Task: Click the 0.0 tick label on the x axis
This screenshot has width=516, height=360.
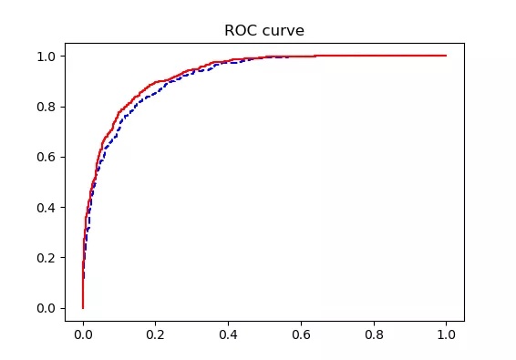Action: coord(83,334)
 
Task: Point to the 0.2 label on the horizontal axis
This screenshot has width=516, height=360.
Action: coord(156,334)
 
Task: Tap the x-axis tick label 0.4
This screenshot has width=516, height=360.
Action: coord(228,334)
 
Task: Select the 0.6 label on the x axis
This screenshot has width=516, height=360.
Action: coord(301,334)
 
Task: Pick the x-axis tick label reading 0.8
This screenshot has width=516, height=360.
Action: coord(374,334)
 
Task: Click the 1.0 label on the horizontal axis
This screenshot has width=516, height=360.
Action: coord(446,334)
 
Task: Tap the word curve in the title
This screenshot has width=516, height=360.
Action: coord(284,31)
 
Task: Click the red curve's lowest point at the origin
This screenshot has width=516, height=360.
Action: coord(83,308)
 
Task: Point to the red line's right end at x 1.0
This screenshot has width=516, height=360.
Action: coord(446,56)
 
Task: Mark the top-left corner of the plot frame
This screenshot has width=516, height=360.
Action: coord(65,43)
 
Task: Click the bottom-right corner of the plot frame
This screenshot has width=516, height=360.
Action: coord(464,321)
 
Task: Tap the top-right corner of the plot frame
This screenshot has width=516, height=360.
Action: coord(464,43)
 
